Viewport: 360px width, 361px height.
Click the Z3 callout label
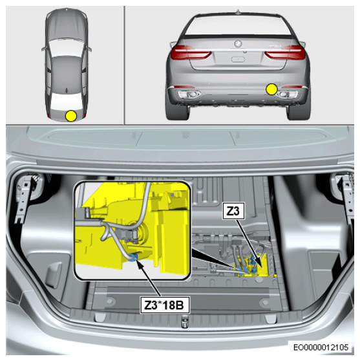click(x=233, y=211)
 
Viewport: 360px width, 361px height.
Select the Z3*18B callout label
click(x=165, y=305)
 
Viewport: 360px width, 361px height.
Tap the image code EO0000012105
click(x=321, y=347)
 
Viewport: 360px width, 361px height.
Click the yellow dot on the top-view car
click(x=71, y=116)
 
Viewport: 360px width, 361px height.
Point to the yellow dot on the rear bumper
click(x=271, y=89)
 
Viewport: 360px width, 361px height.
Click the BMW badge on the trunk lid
click(x=237, y=43)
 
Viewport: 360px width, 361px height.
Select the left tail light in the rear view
click(x=191, y=52)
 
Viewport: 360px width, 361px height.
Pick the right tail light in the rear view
click(x=285, y=52)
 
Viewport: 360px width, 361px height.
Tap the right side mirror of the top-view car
click(x=89, y=49)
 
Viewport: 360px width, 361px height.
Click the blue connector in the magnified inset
click(x=134, y=257)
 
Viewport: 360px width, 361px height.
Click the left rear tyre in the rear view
click(x=178, y=112)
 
